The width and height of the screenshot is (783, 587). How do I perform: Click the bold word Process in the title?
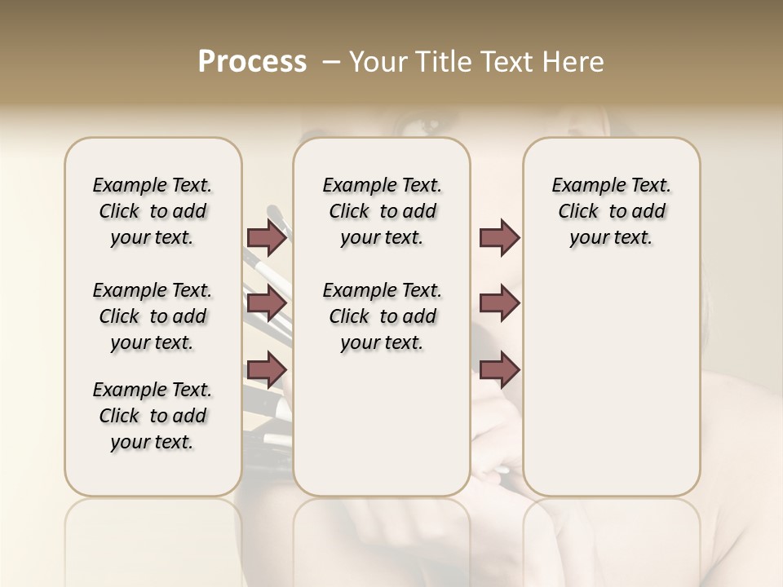click(x=252, y=62)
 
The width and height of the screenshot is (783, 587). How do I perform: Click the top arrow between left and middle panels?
click(x=267, y=238)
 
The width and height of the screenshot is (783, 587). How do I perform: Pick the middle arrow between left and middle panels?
click(x=267, y=304)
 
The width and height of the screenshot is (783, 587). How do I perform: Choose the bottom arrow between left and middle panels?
click(x=267, y=371)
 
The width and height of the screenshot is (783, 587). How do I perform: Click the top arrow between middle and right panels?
click(x=499, y=238)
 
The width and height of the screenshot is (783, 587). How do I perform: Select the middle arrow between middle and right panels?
click(x=499, y=304)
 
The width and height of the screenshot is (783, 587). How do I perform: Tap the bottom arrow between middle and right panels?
click(x=499, y=371)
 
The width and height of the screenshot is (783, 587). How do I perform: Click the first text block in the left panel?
click(x=153, y=211)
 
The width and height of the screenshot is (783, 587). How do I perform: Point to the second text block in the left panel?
click(x=153, y=316)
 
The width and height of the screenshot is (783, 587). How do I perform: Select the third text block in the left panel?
click(x=153, y=416)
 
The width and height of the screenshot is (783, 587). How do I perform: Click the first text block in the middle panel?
click(x=382, y=211)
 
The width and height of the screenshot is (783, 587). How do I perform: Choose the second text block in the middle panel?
click(x=382, y=316)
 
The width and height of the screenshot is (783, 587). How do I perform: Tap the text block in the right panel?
click(x=611, y=211)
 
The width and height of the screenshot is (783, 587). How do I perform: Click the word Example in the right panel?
click(x=582, y=186)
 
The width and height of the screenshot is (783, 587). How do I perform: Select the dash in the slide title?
click(x=330, y=62)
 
